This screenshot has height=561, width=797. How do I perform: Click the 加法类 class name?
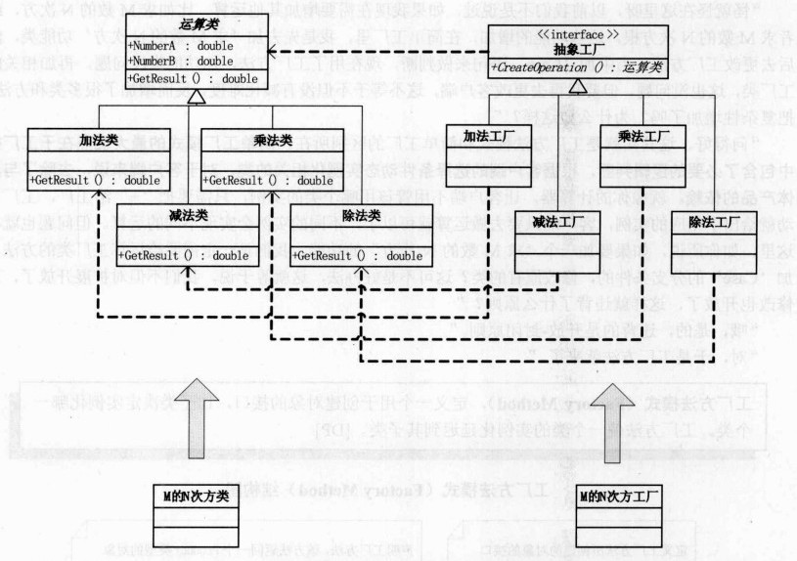(x=75, y=140)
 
